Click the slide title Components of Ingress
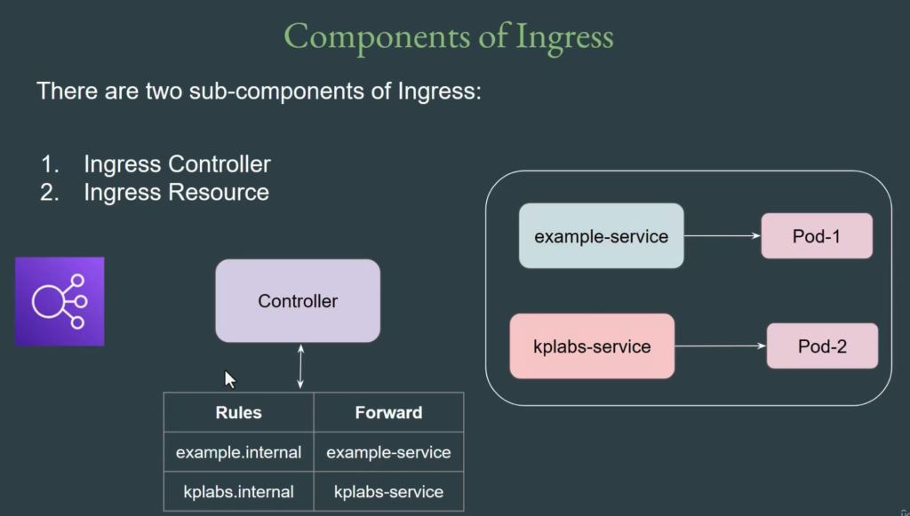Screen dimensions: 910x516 (x=448, y=37)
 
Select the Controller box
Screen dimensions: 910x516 (x=298, y=300)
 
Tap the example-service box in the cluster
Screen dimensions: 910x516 (x=602, y=236)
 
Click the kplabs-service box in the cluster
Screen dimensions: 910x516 (x=592, y=346)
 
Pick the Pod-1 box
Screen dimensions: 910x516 (x=817, y=236)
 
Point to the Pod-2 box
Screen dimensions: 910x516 (x=822, y=346)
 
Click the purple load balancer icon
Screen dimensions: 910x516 (x=60, y=301)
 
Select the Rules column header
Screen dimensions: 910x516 (x=238, y=412)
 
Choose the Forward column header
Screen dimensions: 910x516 (x=388, y=412)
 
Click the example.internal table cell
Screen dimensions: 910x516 (x=238, y=452)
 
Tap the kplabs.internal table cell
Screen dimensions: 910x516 (x=238, y=492)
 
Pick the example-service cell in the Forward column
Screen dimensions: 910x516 (x=388, y=452)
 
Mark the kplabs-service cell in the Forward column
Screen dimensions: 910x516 (x=388, y=492)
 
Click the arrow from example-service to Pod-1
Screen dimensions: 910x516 (x=722, y=236)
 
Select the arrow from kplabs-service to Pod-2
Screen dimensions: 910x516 (x=721, y=346)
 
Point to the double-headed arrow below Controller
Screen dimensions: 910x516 (x=300, y=367)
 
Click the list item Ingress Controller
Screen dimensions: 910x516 (x=177, y=164)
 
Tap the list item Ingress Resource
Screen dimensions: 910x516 (x=177, y=192)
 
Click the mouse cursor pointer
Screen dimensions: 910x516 (x=230, y=380)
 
